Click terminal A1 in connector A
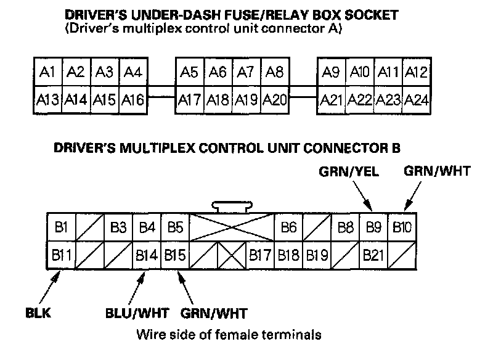click(47, 73)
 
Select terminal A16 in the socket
click(132, 99)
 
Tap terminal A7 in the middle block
click(246, 73)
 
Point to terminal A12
click(417, 73)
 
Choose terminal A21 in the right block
click(332, 99)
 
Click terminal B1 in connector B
click(60, 227)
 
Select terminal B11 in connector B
click(60, 254)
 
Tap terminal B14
click(147, 254)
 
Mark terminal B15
click(175, 254)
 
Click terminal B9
click(374, 227)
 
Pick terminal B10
click(402, 227)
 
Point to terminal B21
click(374, 254)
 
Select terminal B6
click(288, 227)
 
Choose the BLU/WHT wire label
click(137, 312)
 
